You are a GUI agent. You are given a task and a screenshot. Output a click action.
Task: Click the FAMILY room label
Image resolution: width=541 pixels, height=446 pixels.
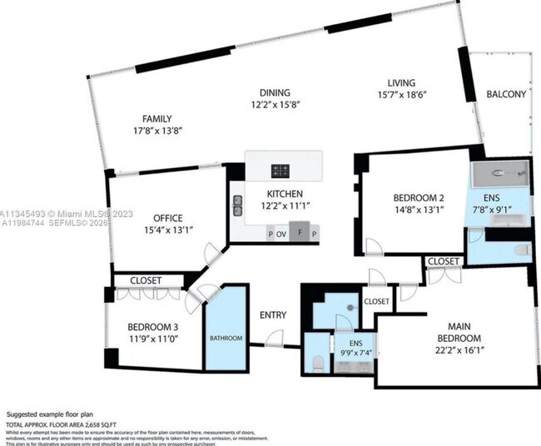pos(156,118)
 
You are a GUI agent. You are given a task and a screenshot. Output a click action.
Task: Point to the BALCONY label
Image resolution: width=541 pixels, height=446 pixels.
pos(506,94)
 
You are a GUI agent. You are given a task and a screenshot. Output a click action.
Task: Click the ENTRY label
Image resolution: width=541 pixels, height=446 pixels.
pos(273,315)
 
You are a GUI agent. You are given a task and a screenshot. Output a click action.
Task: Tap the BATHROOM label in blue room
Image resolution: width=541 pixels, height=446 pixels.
pos(226,338)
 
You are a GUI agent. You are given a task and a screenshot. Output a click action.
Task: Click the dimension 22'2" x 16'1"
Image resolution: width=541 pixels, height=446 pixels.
pos(459,350)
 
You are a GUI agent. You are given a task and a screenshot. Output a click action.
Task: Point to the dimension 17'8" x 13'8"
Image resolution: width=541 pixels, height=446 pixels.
pos(156,131)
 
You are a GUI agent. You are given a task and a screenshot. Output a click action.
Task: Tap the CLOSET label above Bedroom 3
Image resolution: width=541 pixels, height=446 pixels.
pos(146,280)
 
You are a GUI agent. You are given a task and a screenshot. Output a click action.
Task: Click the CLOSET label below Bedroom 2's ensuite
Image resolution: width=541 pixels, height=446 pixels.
pos(443,261)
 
